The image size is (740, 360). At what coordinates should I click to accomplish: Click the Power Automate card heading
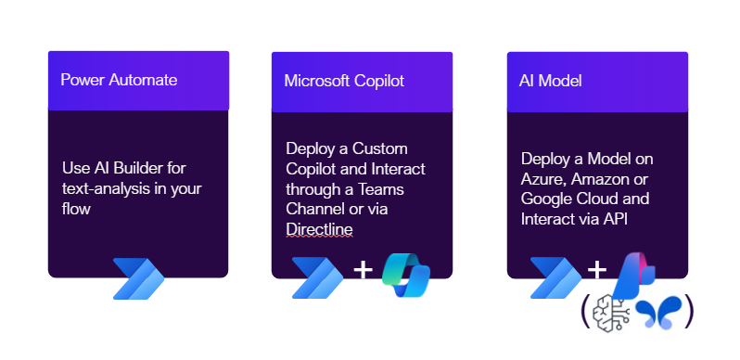tap(119, 80)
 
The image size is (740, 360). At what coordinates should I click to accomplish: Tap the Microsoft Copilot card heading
tap(344, 81)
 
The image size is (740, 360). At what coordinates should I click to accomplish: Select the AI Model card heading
tap(551, 81)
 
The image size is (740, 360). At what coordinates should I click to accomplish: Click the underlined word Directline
tap(319, 228)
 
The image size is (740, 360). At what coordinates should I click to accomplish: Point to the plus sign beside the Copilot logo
tap(364, 271)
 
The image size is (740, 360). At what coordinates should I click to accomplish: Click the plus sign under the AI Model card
tap(597, 271)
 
